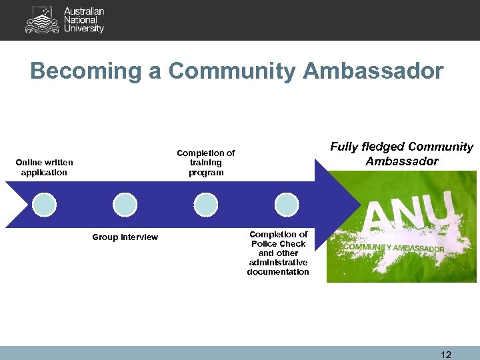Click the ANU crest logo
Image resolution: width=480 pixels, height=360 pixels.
pos(41,19)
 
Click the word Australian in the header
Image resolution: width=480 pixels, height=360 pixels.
pos(83,11)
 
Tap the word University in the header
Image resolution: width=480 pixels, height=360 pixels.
pos(84,29)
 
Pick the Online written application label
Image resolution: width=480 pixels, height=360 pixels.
pos(44,167)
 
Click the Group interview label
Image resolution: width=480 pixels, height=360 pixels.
pos(125,237)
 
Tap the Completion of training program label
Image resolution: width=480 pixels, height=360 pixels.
pos(205,163)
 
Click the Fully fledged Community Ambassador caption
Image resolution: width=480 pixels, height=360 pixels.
pos(401,154)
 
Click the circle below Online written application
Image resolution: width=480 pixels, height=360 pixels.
pos(44,204)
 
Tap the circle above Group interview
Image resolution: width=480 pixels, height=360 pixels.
pos(125,204)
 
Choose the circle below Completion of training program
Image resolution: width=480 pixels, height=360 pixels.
pos(205,204)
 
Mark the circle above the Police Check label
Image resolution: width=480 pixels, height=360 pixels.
pos(287,204)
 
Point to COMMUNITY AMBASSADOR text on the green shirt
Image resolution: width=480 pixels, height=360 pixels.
pos(393,247)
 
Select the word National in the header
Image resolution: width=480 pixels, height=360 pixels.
pos(80,20)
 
